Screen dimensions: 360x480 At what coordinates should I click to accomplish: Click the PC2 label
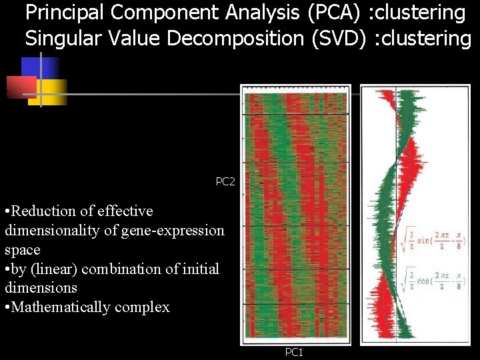225,181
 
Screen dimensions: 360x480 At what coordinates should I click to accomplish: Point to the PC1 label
294,352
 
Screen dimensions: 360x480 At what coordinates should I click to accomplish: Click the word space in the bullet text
22,250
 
